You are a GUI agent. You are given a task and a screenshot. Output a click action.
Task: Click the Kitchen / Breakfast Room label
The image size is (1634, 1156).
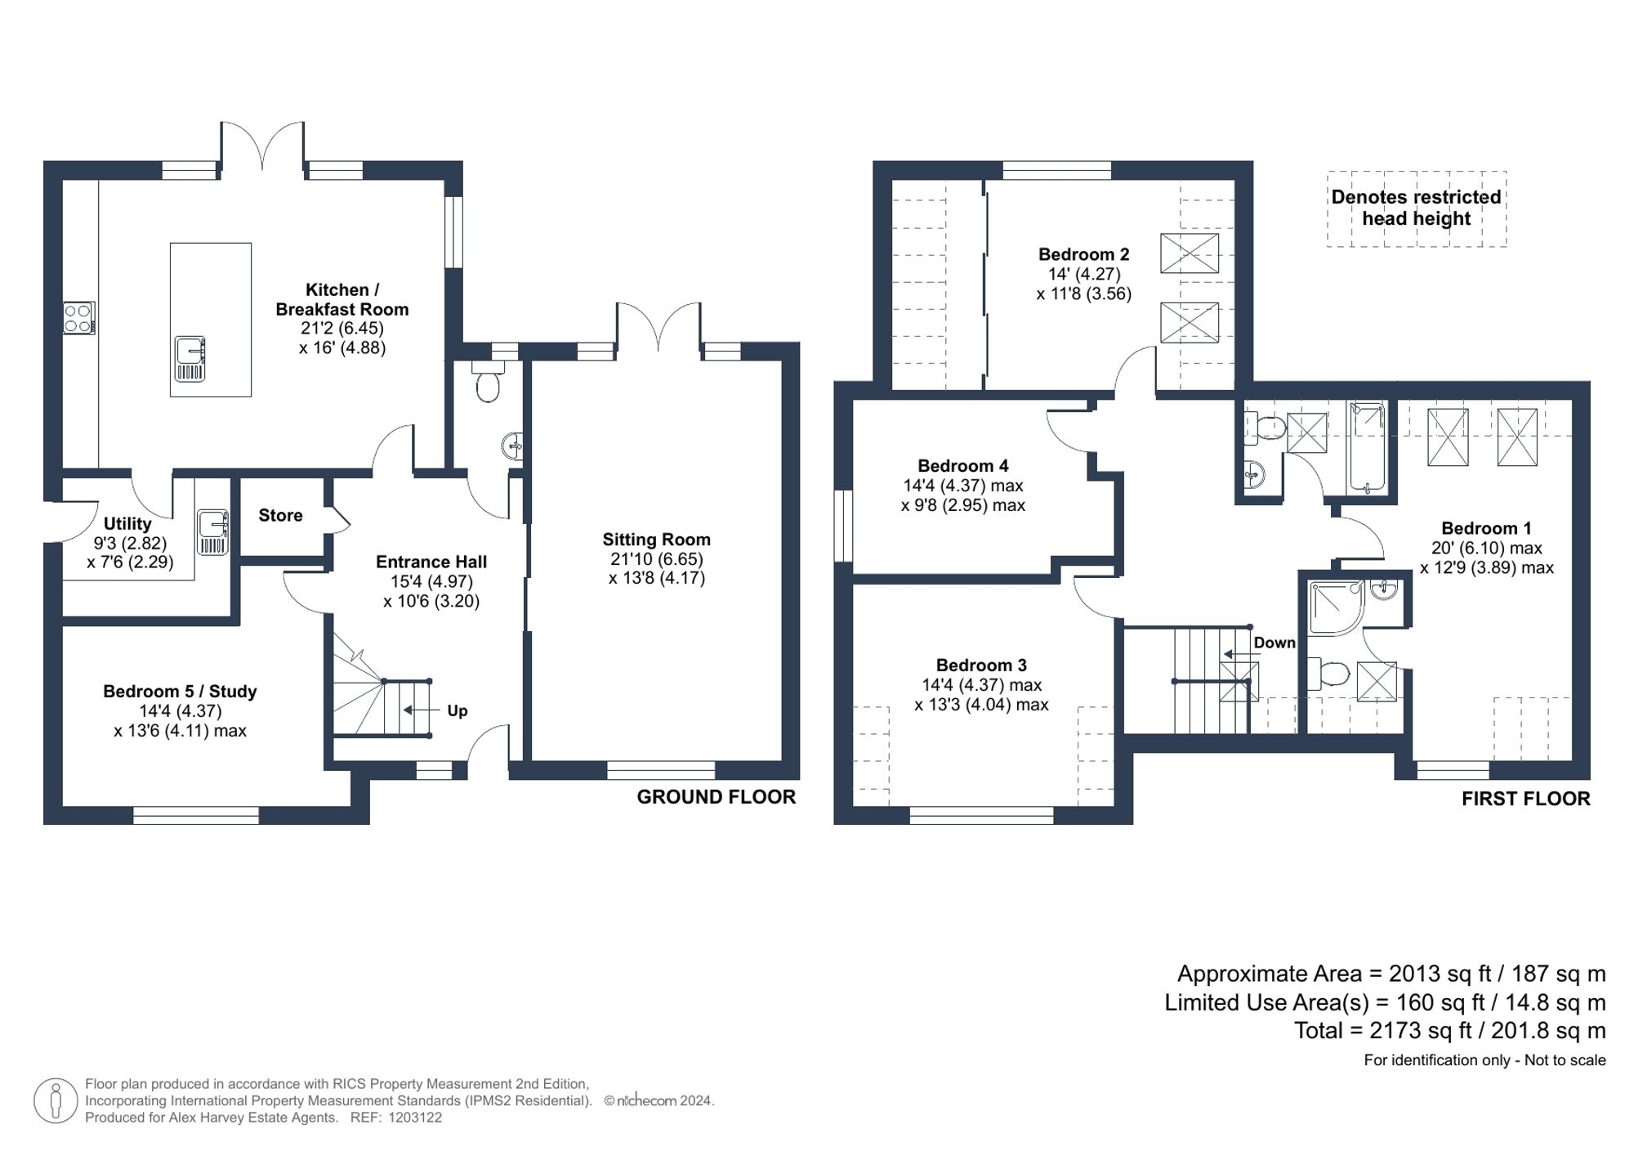click(x=342, y=299)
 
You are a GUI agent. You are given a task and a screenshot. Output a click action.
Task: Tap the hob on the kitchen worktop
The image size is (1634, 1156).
click(x=79, y=318)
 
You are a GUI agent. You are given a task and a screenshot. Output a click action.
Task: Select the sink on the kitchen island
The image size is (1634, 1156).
click(x=190, y=358)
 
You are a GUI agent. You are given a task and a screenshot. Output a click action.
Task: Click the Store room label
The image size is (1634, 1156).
click(x=280, y=515)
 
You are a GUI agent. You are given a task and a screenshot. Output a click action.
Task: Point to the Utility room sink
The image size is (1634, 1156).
click(x=212, y=532)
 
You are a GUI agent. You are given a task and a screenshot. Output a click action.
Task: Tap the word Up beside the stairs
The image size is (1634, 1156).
click(x=457, y=710)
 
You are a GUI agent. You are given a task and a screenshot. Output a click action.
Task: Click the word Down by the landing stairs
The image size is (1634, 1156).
click(x=1274, y=643)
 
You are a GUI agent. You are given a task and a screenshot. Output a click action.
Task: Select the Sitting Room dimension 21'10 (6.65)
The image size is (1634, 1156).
click(x=656, y=559)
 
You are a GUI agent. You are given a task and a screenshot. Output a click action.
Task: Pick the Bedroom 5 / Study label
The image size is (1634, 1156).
click(x=180, y=691)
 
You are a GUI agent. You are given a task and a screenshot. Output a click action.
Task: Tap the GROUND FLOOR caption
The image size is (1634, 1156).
click(x=716, y=797)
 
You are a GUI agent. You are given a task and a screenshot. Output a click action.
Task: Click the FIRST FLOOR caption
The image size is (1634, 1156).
click(x=1525, y=799)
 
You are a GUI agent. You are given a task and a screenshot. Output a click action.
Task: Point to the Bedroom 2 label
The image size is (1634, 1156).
click(x=1083, y=254)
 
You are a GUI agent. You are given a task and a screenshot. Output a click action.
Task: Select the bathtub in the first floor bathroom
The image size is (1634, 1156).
click(x=1367, y=448)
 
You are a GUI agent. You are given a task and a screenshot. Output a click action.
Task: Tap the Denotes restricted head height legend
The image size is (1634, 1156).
click(x=1416, y=208)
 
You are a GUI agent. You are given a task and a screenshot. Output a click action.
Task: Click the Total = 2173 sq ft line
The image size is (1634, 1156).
click(x=1449, y=1030)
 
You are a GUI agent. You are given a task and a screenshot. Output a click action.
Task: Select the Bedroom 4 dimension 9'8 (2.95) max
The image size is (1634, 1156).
click(x=962, y=505)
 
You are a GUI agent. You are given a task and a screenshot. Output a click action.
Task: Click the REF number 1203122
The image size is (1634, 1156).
click(x=414, y=1118)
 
